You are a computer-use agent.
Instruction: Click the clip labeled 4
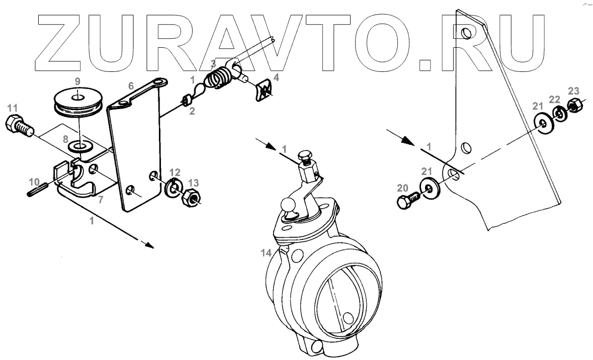(263, 90)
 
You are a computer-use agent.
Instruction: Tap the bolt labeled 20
(407, 200)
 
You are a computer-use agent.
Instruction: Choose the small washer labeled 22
(558, 114)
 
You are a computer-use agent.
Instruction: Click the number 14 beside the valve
(266, 253)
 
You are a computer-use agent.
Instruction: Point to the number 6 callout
(131, 86)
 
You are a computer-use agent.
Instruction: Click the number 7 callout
(101, 200)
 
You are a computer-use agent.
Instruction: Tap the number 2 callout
(192, 112)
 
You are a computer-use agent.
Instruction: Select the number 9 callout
(77, 81)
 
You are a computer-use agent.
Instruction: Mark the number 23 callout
(573, 91)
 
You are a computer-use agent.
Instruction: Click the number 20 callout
(402, 188)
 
